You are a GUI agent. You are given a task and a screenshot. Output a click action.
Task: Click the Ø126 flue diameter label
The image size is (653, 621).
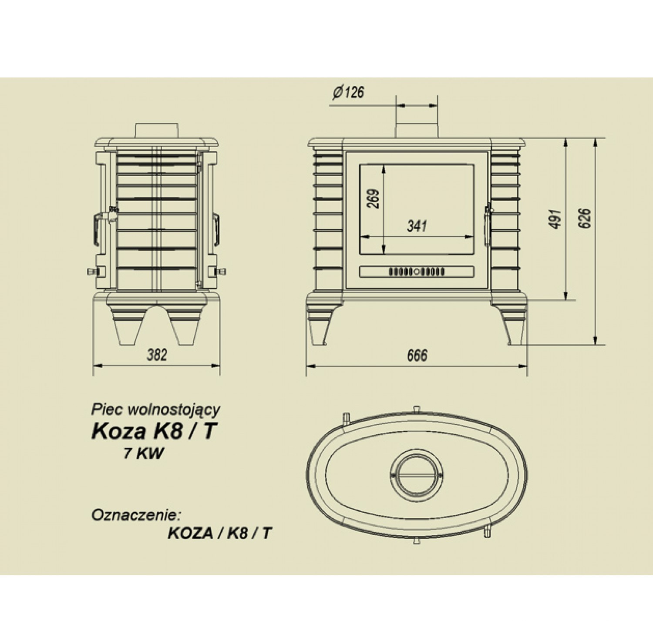[348, 92]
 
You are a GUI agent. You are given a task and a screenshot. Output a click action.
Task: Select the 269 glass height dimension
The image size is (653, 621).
[374, 199]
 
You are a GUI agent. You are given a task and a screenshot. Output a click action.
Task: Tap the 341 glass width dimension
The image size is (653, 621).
[417, 226]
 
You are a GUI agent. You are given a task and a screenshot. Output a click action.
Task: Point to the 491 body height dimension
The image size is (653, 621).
[555, 219]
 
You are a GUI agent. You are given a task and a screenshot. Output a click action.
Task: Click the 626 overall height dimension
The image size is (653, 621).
[585, 218]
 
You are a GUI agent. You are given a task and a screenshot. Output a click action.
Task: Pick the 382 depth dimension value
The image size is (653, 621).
[157, 355]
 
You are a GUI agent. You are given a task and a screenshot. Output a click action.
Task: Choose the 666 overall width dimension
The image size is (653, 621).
[417, 356]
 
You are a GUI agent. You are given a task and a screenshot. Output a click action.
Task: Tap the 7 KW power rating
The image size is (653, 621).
[144, 453]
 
